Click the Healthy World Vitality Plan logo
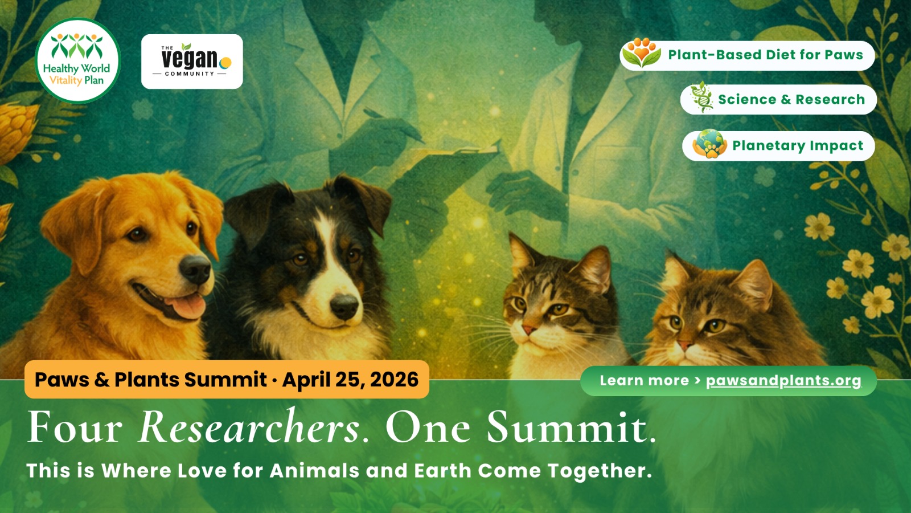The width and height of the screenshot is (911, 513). click(77, 60)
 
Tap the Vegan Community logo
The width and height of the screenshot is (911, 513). click(192, 62)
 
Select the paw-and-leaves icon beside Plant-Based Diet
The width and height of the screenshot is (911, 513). click(642, 53)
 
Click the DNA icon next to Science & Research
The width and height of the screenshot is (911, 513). click(701, 97)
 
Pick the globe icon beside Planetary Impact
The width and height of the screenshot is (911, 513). click(709, 144)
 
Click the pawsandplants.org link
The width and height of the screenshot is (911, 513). click(783, 381)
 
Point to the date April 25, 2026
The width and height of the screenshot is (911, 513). click(350, 380)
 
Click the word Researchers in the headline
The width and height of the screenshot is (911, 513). click(249, 427)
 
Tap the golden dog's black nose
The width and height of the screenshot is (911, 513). click(195, 268)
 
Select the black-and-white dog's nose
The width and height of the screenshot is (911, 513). click(344, 306)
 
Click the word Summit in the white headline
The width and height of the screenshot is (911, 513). click(572, 427)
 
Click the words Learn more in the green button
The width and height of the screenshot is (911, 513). click(644, 381)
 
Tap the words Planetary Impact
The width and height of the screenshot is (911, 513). click(798, 146)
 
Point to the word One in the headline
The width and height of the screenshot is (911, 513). click(428, 427)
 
